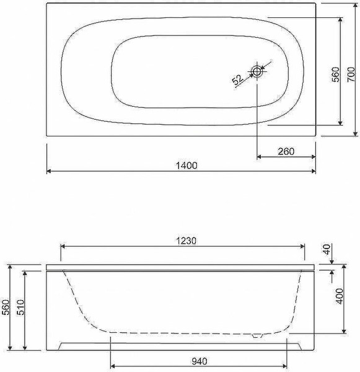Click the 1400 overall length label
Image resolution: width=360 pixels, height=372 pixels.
[187, 166]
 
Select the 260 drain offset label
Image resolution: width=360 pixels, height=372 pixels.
[286, 151]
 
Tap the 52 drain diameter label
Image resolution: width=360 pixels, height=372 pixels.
[237, 79]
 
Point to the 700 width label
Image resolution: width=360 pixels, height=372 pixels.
[351, 74]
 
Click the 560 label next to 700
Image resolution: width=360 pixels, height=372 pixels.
[335, 74]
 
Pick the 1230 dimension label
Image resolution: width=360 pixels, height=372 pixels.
[186, 241]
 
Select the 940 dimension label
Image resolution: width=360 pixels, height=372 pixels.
[199, 361]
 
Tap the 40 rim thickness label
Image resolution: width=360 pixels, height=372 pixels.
[327, 249]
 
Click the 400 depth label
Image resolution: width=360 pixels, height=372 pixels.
[340, 296]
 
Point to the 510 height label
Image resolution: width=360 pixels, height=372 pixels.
[21, 308]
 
